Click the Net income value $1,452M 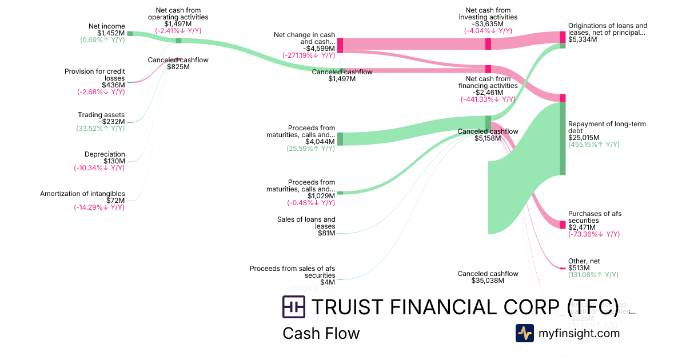tap(111, 33)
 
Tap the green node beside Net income tap(130, 34)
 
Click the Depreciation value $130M tap(114, 161)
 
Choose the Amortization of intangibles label tap(82, 194)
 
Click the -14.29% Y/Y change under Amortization tap(99, 207)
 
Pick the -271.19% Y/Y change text tap(309, 55)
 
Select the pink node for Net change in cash tap(340, 45)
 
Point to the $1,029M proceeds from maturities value tap(321, 196)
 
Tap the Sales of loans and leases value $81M tap(327, 233)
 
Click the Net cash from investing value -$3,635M tap(488, 24)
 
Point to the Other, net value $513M tap(579, 268)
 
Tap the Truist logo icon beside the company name tap(294, 307)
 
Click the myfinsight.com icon tap(525, 333)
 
